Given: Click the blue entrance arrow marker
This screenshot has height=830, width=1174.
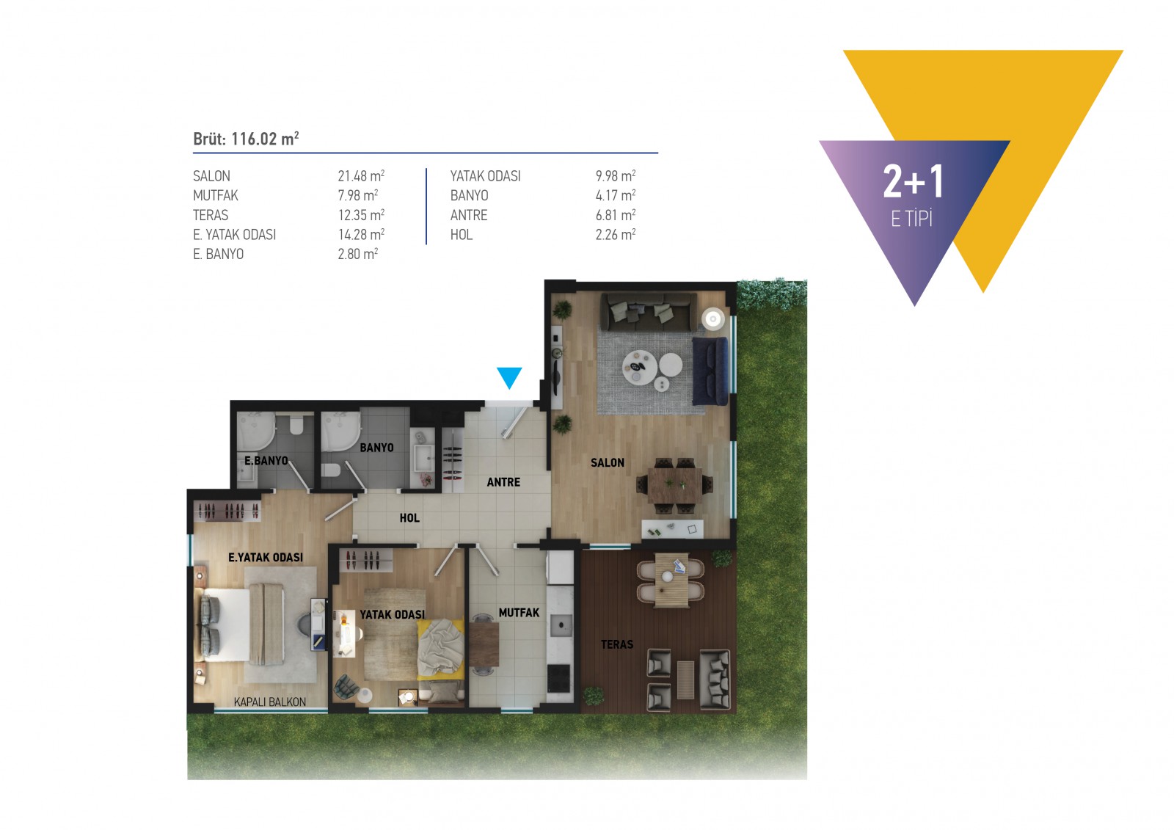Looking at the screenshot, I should tap(509, 376).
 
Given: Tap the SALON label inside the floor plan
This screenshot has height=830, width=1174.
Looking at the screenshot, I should tap(608, 462).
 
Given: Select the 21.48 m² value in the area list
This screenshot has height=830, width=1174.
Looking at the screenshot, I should tap(361, 176).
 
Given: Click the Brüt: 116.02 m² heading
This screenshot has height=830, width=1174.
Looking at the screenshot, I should tap(246, 139).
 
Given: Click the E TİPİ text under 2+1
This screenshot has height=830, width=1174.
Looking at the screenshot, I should tap(911, 219).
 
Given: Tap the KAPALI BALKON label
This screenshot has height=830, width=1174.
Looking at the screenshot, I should tap(269, 702).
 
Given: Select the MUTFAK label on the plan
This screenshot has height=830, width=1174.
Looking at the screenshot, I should tap(519, 612).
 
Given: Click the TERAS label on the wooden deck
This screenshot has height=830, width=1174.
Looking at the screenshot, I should tap(616, 644).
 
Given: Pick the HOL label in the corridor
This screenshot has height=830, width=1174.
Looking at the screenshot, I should tap(409, 518).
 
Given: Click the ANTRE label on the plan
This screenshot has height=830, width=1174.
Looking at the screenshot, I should tap(503, 482).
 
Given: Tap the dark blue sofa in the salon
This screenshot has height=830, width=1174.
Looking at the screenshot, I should tap(710, 371).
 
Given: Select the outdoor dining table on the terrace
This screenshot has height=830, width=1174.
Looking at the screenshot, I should tap(671, 581).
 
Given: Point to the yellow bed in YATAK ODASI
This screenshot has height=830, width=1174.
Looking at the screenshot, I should tap(440, 649).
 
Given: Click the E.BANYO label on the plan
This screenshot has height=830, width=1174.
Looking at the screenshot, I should tap(266, 461).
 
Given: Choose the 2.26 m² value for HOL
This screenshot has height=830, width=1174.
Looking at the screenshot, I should tap(615, 235).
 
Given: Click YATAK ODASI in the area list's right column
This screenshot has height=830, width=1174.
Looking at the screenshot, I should tap(485, 176).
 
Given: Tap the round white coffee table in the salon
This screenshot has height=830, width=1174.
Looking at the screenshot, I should tap(640, 366).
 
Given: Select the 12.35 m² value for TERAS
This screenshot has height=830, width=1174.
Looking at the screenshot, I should tap(361, 215).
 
